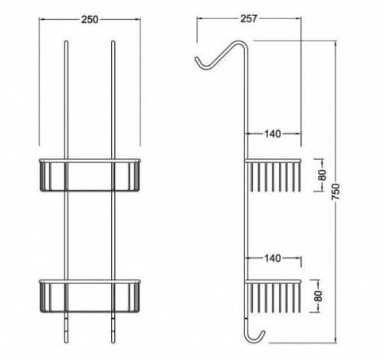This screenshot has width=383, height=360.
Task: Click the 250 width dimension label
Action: (x=90, y=20)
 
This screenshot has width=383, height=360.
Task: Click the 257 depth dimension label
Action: (x=249, y=18)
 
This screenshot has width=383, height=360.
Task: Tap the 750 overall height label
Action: (x=336, y=191)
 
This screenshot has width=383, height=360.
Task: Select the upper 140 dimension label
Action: (x=273, y=133)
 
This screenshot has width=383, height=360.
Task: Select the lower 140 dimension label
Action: (x=273, y=258)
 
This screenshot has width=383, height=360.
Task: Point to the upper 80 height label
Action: (x=322, y=175)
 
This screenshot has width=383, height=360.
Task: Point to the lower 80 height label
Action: (x=319, y=296)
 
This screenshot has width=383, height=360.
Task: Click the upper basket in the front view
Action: (x=90, y=175)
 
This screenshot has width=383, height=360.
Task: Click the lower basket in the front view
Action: (x=90, y=296)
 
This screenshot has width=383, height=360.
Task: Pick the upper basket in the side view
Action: (x=273, y=175)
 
